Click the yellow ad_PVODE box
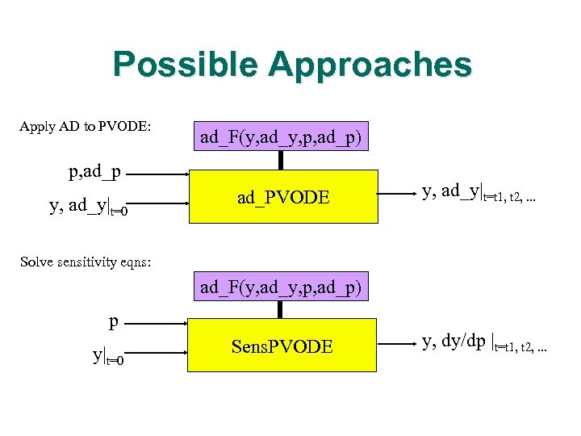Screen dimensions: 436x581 [x=282, y=196]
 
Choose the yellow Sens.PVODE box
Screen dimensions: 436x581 [x=282, y=346]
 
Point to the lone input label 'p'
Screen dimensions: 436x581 [x=114, y=322]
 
